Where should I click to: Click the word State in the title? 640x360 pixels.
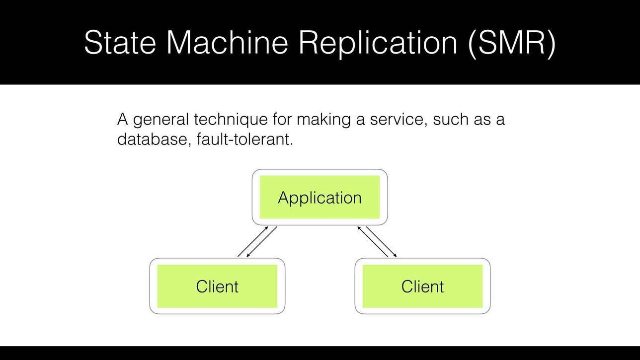pyautogui.click(x=120, y=42)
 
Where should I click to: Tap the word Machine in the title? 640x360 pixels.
pyautogui.click(x=227, y=42)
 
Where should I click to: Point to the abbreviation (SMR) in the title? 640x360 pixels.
pyautogui.click(x=512, y=44)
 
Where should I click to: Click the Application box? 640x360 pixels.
pyautogui.click(x=320, y=197)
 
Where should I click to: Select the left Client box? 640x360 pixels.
pyautogui.click(x=217, y=286)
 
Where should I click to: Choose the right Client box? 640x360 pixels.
pyautogui.click(x=422, y=286)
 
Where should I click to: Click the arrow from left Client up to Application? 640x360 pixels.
pyautogui.click(x=253, y=241)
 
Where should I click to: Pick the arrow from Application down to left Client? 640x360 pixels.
pyautogui.click(x=262, y=241)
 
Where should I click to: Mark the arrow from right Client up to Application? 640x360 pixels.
pyautogui.click(x=373, y=241)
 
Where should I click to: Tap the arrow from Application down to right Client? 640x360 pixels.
pyautogui.click(x=382, y=241)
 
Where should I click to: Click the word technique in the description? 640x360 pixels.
pyautogui.click(x=231, y=119)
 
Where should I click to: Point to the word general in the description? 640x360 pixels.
pyautogui.click(x=161, y=120)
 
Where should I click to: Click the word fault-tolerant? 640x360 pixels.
pyautogui.click(x=245, y=140)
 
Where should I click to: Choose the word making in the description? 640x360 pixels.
pyautogui.click(x=323, y=120)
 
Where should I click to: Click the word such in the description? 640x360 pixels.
pyautogui.click(x=451, y=119)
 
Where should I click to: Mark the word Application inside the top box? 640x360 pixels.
pyautogui.click(x=320, y=198)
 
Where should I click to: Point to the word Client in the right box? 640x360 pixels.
pyautogui.click(x=422, y=287)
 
